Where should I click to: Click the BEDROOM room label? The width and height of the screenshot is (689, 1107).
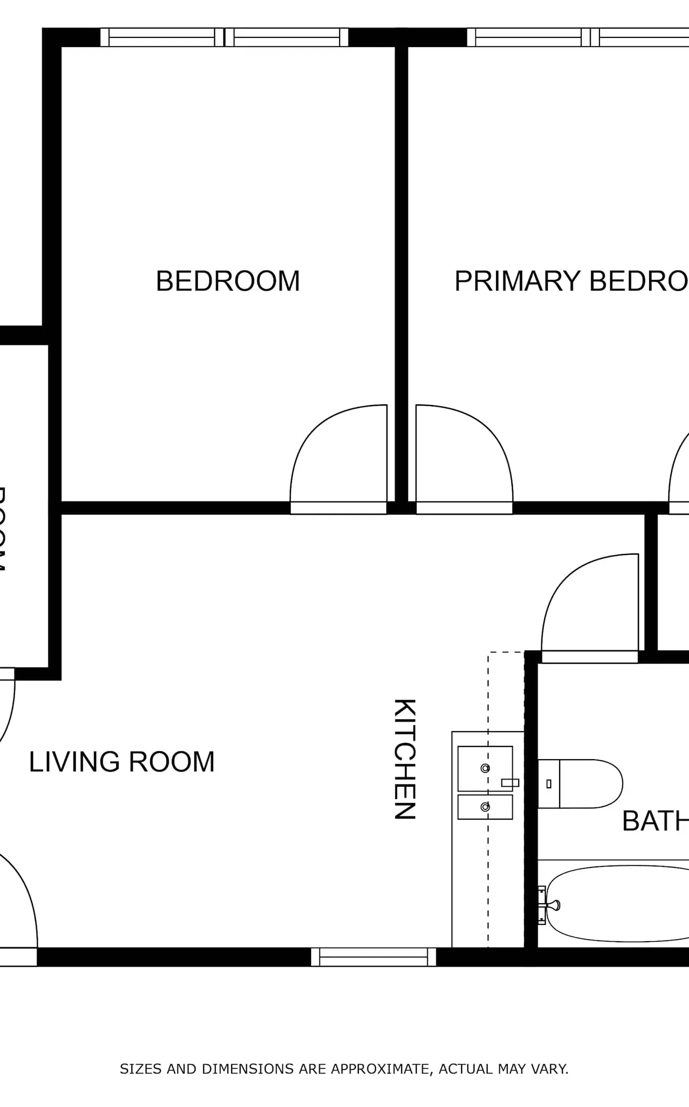click(x=228, y=281)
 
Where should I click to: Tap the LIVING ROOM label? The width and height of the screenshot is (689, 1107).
click(x=122, y=762)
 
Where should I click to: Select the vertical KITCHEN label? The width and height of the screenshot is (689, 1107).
click(x=406, y=759)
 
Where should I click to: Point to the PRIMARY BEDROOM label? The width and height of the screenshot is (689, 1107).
click(x=571, y=281)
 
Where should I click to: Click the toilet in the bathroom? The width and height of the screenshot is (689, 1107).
click(x=586, y=784)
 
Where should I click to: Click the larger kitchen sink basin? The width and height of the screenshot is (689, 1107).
click(x=485, y=768)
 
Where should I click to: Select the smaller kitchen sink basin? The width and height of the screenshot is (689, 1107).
click(x=485, y=807)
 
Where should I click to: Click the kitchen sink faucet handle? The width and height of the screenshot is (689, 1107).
click(x=510, y=782)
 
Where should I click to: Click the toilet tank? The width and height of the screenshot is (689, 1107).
click(x=548, y=784)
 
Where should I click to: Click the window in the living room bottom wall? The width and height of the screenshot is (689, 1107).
click(x=374, y=957)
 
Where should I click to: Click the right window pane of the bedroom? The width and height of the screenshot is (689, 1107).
click(x=286, y=37)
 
